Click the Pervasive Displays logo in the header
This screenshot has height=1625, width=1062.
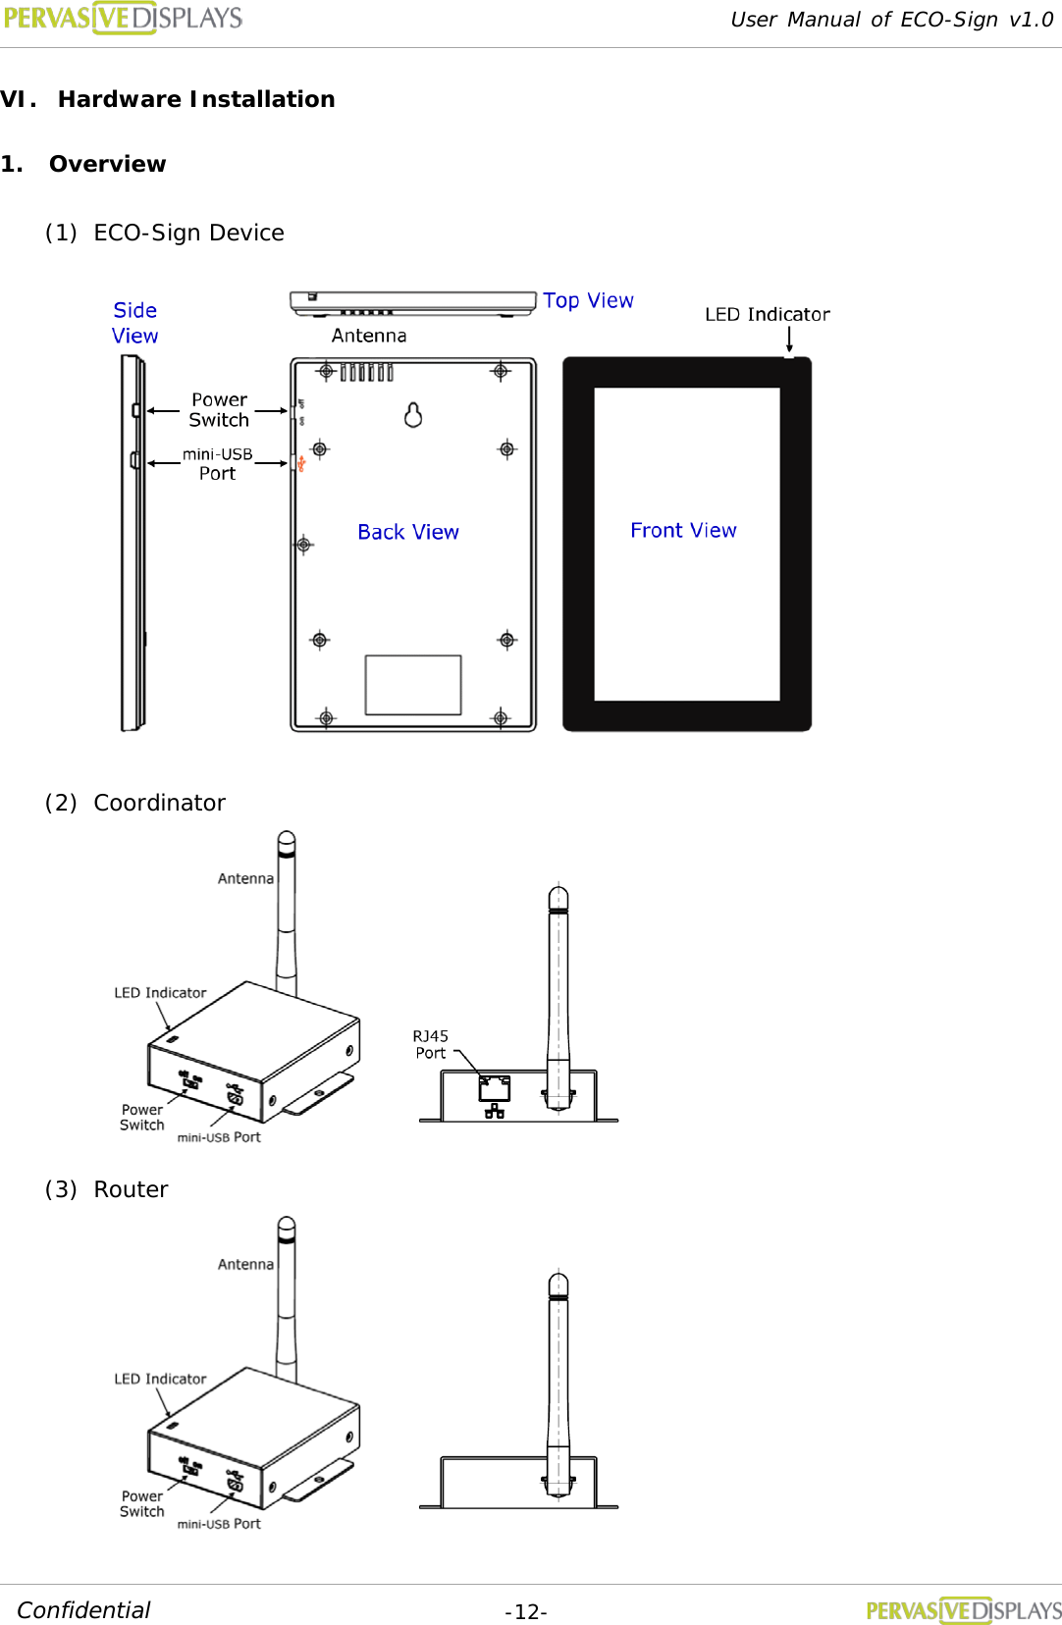(124, 18)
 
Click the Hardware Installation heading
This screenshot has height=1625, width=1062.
(196, 99)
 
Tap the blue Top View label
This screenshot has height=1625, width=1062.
(588, 300)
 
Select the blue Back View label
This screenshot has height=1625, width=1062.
(407, 532)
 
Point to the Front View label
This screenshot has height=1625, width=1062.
(683, 530)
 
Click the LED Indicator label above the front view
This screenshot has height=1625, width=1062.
(767, 314)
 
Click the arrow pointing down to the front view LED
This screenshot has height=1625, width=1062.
(789, 340)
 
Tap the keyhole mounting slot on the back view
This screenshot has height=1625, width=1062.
(413, 415)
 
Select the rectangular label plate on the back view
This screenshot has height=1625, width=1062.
(413, 685)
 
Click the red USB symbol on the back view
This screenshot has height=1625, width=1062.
(301, 463)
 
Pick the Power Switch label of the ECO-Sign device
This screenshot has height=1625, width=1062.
(219, 410)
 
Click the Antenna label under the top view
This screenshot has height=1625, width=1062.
(369, 336)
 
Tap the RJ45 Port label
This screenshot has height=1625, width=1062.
(430, 1044)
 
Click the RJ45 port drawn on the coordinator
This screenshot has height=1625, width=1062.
(495, 1088)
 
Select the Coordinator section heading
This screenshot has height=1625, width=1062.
(159, 803)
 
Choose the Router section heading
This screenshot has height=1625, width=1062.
(131, 1189)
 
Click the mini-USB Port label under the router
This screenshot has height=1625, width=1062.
(219, 1524)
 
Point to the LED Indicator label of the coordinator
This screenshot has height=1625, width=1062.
(160, 993)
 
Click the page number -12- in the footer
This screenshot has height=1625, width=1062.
(526, 1612)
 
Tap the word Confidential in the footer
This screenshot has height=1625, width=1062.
(84, 1610)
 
